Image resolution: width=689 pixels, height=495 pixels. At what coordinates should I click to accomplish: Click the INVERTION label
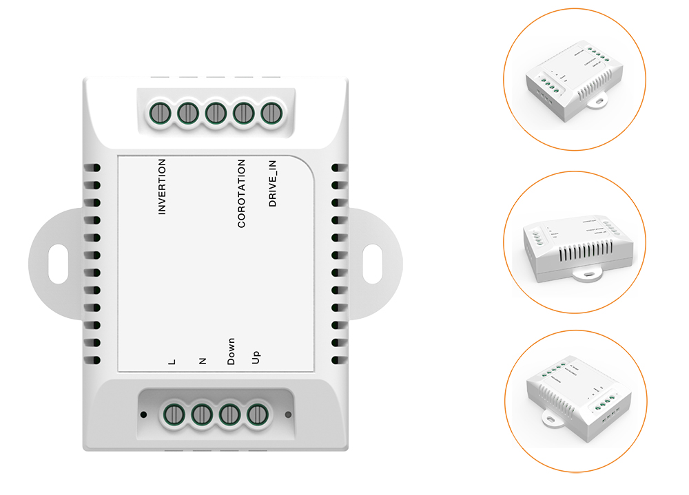click(x=163, y=187)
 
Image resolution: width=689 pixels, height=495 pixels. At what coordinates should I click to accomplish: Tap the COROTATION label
click(x=241, y=193)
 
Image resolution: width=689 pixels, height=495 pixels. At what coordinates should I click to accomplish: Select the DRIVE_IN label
click(x=273, y=183)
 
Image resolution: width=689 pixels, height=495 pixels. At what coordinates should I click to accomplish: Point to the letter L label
click(x=172, y=361)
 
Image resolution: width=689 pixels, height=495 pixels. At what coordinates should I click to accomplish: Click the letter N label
click(x=203, y=360)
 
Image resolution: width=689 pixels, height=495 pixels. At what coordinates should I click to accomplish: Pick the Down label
click(x=232, y=351)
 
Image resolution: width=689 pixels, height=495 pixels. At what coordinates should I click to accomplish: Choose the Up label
click(x=256, y=357)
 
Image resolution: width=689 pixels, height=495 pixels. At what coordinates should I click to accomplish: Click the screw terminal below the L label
click(x=173, y=414)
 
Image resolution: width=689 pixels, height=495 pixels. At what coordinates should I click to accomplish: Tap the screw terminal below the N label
click(x=201, y=414)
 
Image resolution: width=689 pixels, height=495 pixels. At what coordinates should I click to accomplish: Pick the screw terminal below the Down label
click(x=229, y=414)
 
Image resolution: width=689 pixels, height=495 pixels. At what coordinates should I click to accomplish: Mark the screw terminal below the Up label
click(x=256, y=414)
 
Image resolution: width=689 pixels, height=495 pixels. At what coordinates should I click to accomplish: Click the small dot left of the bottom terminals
click(x=143, y=414)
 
